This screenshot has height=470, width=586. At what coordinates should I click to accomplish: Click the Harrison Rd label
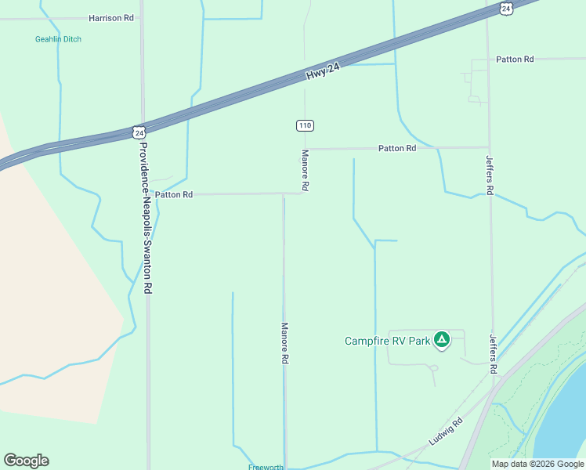coord(111,17)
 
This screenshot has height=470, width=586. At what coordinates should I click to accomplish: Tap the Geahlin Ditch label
coord(57,39)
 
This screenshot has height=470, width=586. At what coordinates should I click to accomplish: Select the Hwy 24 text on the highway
coord(323,72)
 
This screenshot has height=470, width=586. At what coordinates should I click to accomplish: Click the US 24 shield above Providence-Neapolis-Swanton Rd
coord(138,132)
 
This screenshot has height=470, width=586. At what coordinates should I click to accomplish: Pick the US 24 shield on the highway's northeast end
coord(506,8)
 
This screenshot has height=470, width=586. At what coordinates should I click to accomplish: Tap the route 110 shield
coord(305,125)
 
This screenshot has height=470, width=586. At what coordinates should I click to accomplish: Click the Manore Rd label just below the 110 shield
coord(306,170)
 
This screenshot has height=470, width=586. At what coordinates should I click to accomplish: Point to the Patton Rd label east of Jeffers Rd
coord(515,60)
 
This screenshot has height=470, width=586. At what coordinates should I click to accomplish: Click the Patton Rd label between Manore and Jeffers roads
coord(397,148)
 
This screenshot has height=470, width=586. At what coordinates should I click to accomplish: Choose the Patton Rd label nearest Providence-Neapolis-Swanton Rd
coord(174,194)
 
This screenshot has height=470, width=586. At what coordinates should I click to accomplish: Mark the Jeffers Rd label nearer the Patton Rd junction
coord(490,175)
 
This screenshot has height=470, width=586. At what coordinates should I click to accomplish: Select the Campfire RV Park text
coord(388,341)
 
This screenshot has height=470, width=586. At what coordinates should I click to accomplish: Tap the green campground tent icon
coord(442,339)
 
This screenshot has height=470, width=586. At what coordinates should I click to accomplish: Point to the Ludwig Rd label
coord(446,432)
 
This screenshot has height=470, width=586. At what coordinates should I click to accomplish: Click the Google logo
coord(26,461)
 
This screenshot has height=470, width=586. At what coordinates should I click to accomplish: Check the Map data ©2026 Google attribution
coord(537,464)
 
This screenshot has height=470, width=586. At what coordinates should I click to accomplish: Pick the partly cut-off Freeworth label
coord(266,467)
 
